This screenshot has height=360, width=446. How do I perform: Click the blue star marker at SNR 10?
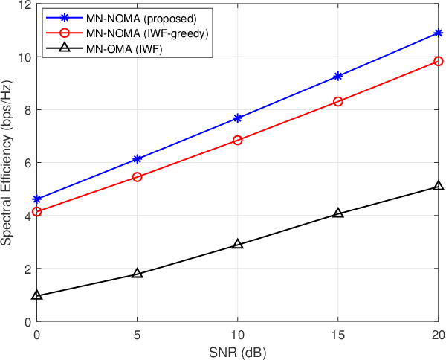pos(238,118)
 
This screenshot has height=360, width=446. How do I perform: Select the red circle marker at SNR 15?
pos(338,101)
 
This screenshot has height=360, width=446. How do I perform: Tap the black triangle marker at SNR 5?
pos(138,274)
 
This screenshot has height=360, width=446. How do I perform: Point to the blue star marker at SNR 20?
pos(439,33)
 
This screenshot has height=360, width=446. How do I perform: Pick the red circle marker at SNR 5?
pos(138,177)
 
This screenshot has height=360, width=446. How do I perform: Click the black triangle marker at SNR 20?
pos(439,186)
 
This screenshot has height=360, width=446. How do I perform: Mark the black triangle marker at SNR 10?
pos(238,244)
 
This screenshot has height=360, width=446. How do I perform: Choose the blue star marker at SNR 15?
pos(338,76)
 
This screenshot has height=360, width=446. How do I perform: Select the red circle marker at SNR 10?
pos(238,140)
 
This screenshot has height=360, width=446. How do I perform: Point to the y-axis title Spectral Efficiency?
pos(7,163)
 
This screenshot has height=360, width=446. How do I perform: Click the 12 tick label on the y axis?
pos(25,4)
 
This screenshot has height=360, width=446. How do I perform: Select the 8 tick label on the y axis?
pos(28,110)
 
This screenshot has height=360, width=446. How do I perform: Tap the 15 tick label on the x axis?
pos(338,335)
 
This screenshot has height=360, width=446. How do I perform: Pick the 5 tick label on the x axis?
pos(138,335)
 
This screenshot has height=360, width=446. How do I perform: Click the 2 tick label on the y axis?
pos(28,269)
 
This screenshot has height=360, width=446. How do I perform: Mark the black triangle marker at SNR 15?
pos(338,213)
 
